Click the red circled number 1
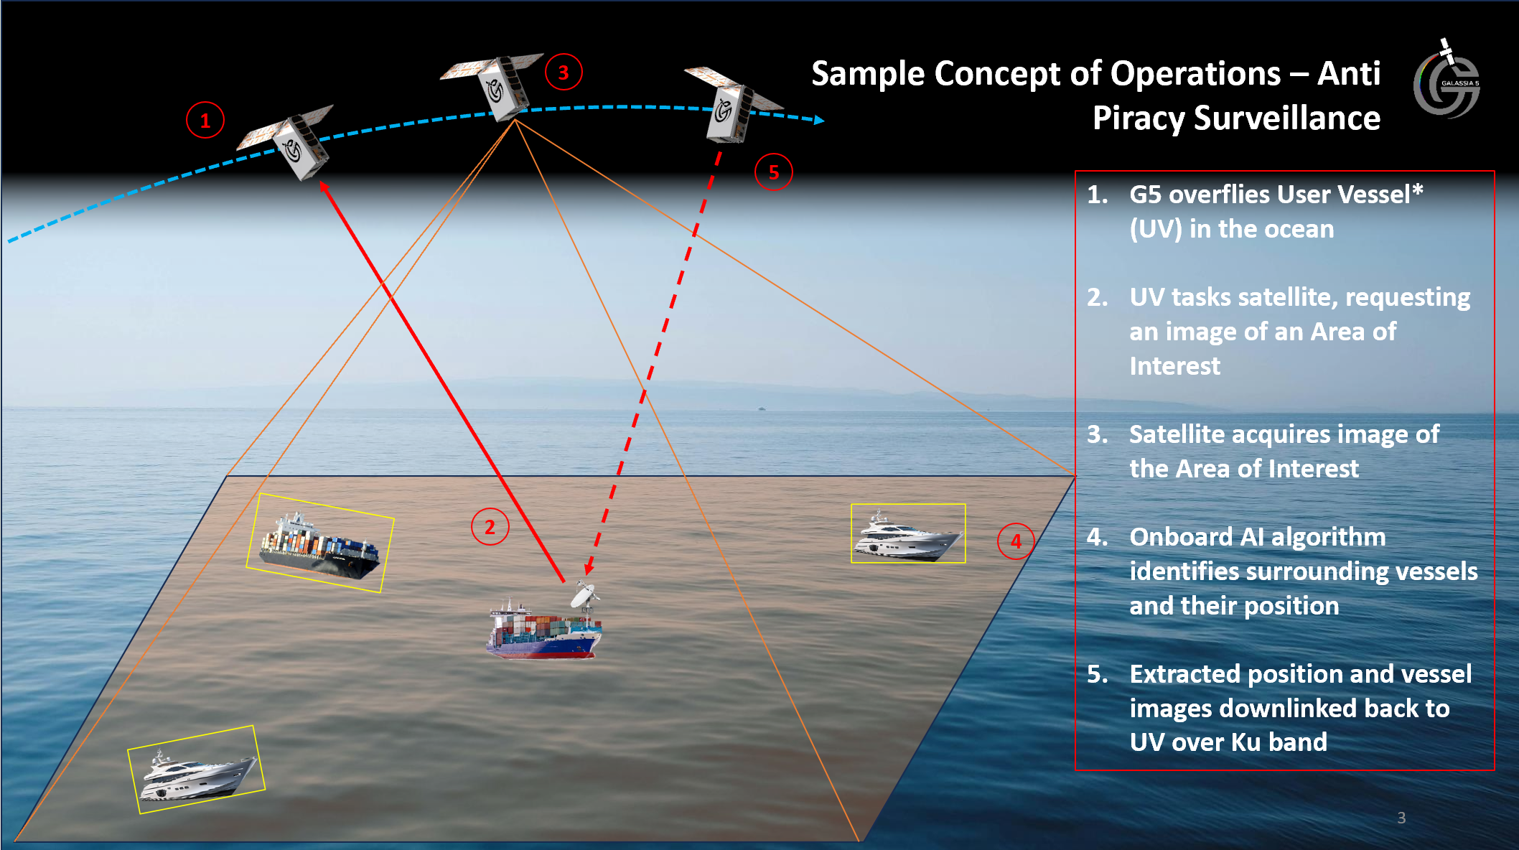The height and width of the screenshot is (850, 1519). [x=205, y=120]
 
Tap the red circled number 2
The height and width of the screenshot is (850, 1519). [x=490, y=527]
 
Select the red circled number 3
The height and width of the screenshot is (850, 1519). [x=564, y=72]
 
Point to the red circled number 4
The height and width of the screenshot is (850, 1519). [x=1016, y=541]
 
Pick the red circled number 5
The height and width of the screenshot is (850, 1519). [x=773, y=172]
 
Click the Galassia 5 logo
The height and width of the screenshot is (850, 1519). [x=1446, y=83]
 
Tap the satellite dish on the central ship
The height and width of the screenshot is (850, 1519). [x=584, y=595]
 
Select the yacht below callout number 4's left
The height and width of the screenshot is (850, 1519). [x=908, y=535]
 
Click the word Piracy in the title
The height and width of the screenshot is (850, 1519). [x=1138, y=118]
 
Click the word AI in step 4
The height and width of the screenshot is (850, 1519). [x=1251, y=537]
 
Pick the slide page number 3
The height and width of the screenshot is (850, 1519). [x=1401, y=818]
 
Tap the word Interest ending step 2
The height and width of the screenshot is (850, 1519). [x=1174, y=366]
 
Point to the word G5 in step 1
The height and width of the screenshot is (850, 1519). [x=1144, y=195]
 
